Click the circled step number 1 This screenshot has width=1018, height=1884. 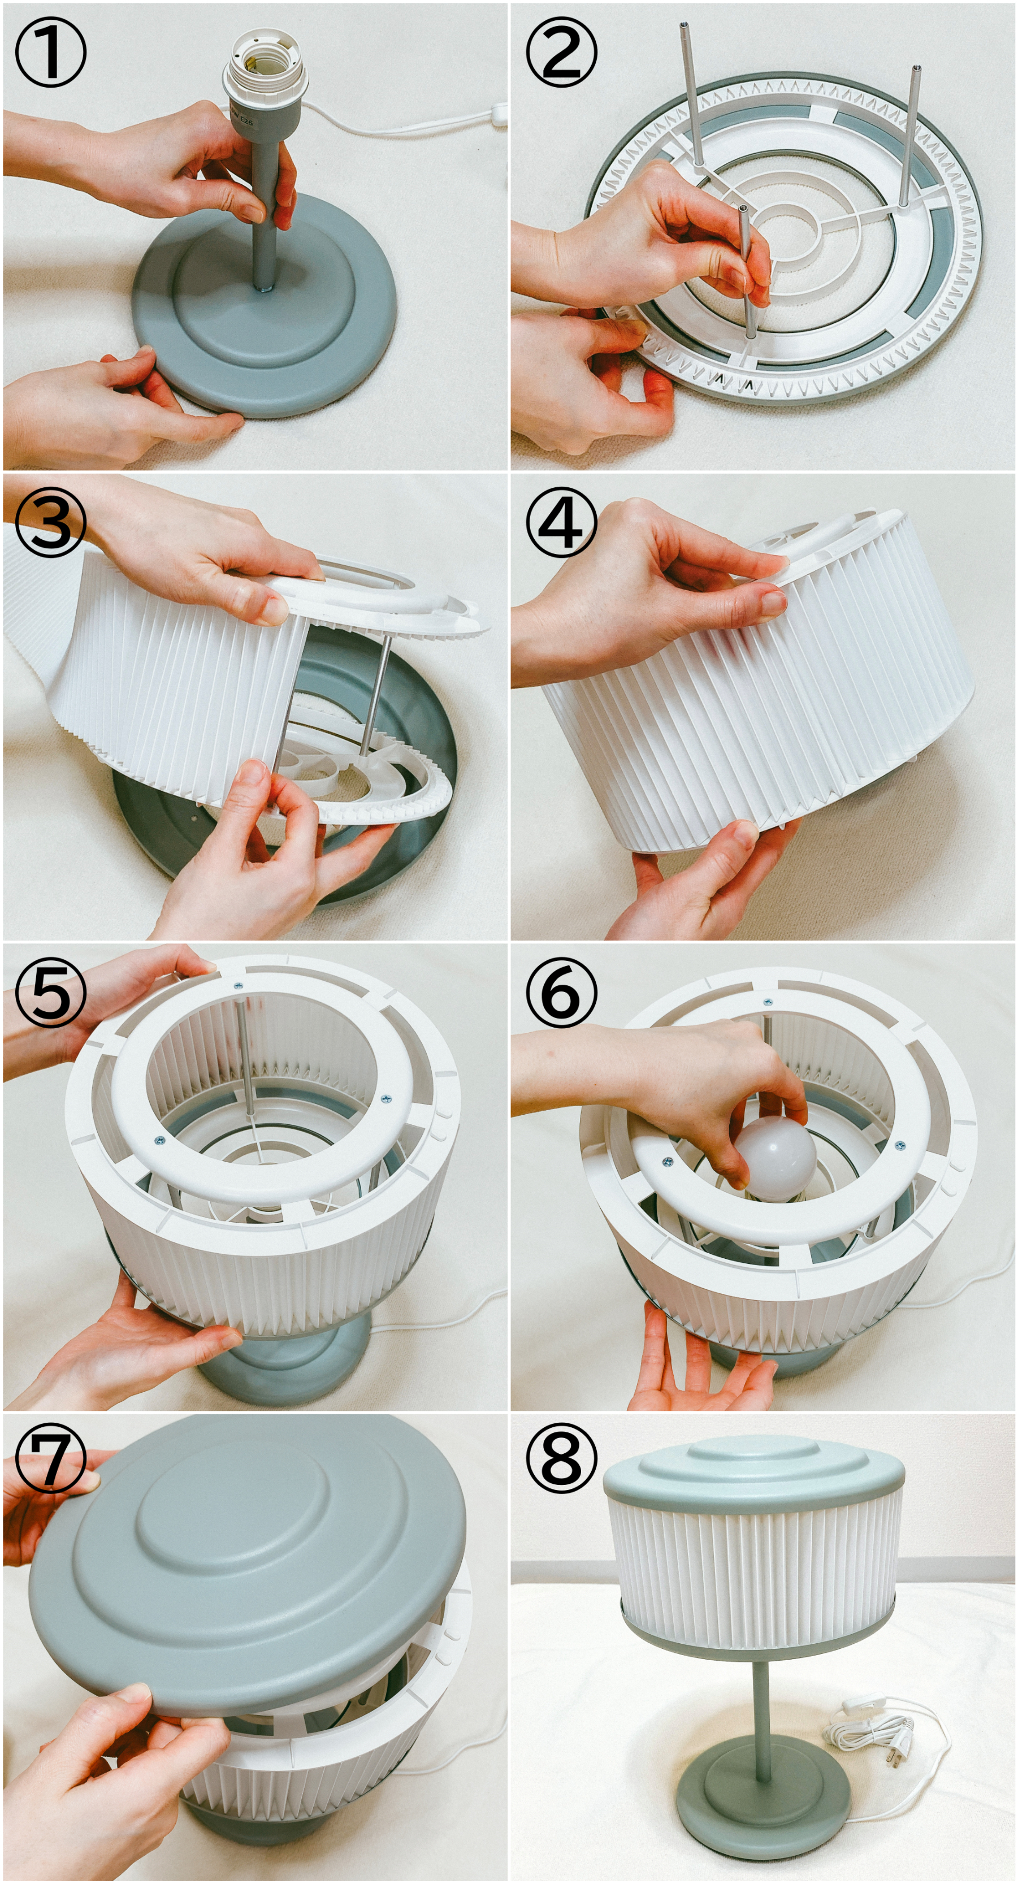50,53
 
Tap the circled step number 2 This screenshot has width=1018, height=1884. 561,53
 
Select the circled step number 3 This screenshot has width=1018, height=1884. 50,523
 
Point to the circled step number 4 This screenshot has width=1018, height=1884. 561,523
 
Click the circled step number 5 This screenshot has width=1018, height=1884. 50,993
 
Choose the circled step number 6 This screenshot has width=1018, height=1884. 561,993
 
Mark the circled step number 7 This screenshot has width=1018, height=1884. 50,1463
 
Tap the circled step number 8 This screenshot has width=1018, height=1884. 561,1463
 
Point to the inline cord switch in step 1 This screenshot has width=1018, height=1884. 500,112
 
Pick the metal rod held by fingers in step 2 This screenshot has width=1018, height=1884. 747,271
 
